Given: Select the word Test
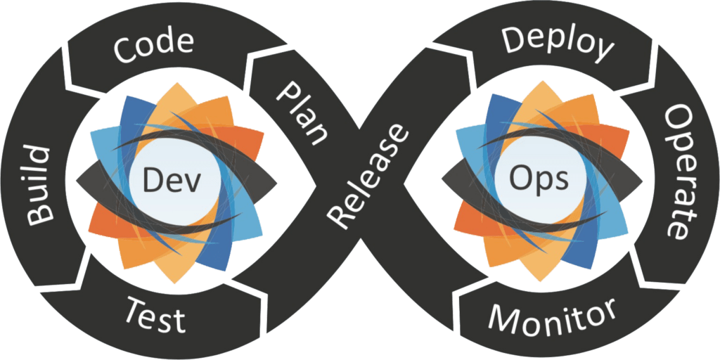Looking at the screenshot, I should pos(155,314).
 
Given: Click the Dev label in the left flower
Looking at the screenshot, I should pos(172,181).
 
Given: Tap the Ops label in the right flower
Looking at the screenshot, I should pos(541,180).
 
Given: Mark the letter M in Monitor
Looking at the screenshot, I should pos(501,320).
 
